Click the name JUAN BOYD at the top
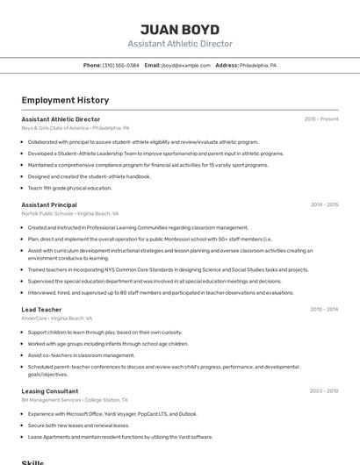click(x=179, y=29)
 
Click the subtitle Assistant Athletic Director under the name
click(x=179, y=44)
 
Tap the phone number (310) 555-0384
click(x=120, y=65)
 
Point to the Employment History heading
click(x=65, y=100)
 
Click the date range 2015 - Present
click(x=320, y=118)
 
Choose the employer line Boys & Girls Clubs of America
click(x=55, y=127)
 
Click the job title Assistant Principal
click(x=49, y=204)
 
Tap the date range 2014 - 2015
click(x=324, y=204)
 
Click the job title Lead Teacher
click(x=41, y=309)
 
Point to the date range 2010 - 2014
click(x=324, y=309)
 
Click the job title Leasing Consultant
click(x=50, y=390)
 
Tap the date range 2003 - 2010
click(x=324, y=390)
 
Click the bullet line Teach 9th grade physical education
click(x=69, y=188)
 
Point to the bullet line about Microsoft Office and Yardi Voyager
click(x=112, y=413)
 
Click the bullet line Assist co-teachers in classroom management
click(x=81, y=355)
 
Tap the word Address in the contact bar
click(x=227, y=65)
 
